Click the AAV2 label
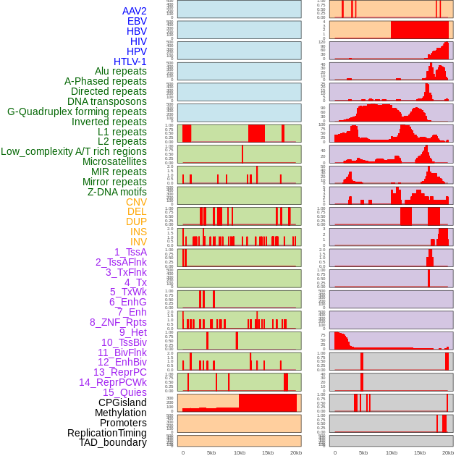[134, 11]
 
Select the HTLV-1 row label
[130, 62]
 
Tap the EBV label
[137, 21]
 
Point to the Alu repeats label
[120, 71]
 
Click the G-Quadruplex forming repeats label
[77, 111]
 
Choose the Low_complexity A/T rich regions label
[74, 151]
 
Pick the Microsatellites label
[114, 161]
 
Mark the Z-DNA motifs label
[117, 192]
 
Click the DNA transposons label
[107, 101]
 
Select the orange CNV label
[136, 202]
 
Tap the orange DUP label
[136, 221]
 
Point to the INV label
[138, 242]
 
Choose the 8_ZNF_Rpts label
[118, 322]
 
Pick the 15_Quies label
[124, 392]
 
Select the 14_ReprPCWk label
[113, 382]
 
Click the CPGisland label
[122, 402]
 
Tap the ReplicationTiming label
[106, 433]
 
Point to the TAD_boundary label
[112, 442]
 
